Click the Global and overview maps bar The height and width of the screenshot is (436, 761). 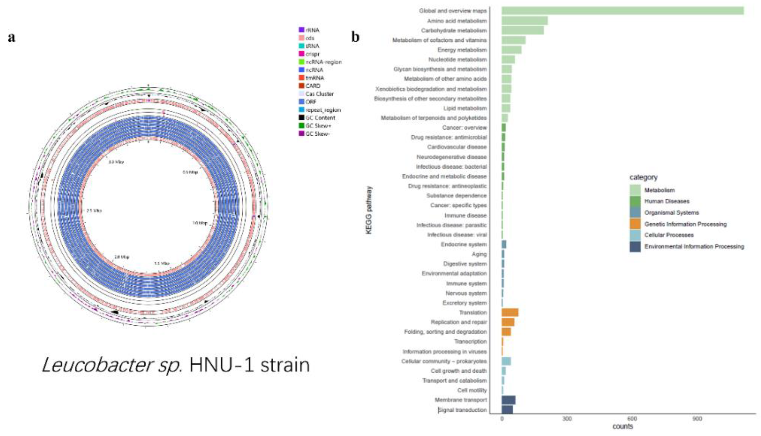click(x=622, y=11)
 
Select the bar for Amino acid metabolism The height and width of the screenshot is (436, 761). click(x=524, y=21)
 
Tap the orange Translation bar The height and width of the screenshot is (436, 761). click(x=510, y=312)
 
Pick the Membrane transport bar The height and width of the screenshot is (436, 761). click(x=508, y=400)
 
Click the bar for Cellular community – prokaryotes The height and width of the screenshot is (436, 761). click(x=506, y=361)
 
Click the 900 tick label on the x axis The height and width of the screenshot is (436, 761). click(x=697, y=419)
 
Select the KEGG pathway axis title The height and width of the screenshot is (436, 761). click(x=369, y=210)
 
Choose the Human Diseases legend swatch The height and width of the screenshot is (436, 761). click(x=635, y=201)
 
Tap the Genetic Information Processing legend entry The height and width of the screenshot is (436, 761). click(x=685, y=224)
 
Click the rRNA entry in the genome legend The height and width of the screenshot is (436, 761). click(x=312, y=30)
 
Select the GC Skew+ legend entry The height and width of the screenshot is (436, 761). click(x=318, y=126)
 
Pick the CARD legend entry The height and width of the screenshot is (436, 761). click(x=313, y=86)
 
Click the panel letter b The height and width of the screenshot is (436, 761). click(x=355, y=37)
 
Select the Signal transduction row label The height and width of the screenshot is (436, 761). click(x=462, y=410)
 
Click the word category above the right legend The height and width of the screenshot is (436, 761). click(x=643, y=177)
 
